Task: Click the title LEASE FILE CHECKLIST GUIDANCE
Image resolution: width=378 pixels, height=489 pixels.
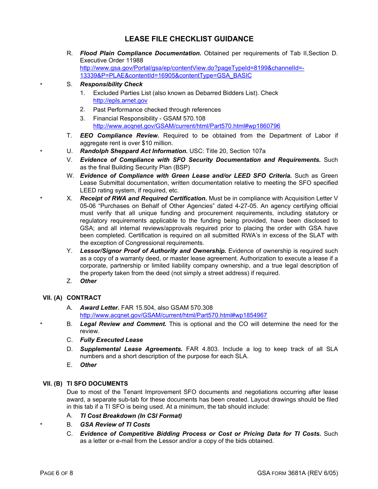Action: (x=189, y=39)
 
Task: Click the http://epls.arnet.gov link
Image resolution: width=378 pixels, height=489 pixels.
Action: (x=120, y=101)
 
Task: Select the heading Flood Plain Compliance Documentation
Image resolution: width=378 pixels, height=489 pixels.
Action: (x=140, y=53)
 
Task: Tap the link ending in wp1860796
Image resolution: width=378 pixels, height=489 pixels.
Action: (x=186, y=126)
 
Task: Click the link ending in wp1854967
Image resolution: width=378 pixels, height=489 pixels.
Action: (x=173, y=315)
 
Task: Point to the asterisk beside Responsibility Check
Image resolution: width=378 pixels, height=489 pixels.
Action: (x=41, y=85)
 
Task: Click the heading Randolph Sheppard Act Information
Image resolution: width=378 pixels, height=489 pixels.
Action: (x=134, y=151)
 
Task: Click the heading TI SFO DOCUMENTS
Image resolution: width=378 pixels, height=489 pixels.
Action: (x=97, y=384)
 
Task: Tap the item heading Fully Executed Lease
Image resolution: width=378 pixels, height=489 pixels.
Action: (x=111, y=340)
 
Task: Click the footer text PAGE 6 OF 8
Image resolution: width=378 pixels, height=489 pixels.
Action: (x=57, y=473)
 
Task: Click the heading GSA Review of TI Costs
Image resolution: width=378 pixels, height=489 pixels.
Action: (x=115, y=425)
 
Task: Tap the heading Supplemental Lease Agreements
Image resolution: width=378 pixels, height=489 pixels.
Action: (x=131, y=349)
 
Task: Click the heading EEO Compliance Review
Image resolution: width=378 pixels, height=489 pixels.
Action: (x=119, y=136)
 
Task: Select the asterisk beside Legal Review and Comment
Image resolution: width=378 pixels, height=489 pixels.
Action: (x=41, y=324)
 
